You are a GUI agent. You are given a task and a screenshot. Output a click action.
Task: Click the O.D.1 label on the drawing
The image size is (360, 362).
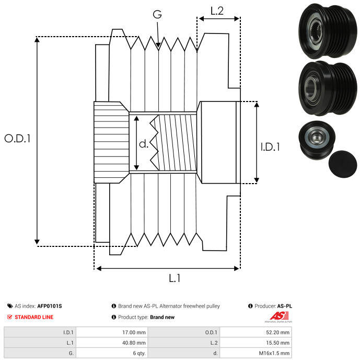tap(18, 139)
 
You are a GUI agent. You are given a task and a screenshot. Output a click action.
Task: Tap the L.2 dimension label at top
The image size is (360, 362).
tap(217, 10)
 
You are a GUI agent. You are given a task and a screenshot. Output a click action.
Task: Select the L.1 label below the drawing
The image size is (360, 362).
tap(174, 278)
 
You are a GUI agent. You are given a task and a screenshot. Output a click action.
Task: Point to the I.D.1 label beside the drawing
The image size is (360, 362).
tap(270, 147)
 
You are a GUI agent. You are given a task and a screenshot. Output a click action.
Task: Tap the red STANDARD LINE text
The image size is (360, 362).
tap(33, 317)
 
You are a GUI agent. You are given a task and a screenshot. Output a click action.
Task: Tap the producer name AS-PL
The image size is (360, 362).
tap(284, 306)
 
